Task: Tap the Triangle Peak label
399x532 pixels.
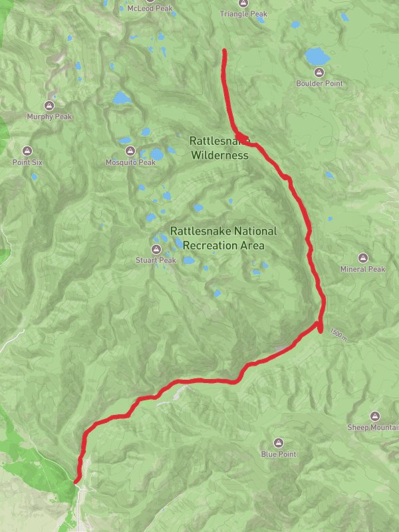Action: pyautogui.click(x=243, y=13)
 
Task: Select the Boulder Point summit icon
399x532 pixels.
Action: pyautogui.click(x=319, y=72)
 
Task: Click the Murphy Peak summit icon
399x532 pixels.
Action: pyautogui.click(x=49, y=106)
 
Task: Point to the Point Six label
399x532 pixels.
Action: pyautogui.click(x=27, y=162)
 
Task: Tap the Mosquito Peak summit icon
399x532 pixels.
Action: pyautogui.click(x=130, y=151)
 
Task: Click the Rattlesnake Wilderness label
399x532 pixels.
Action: pyautogui.click(x=219, y=148)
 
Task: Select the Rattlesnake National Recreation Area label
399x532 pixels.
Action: pyautogui.click(x=223, y=238)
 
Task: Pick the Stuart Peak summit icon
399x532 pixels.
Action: pyautogui.click(x=156, y=249)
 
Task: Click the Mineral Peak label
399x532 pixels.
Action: pyautogui.click(x=362, y=269)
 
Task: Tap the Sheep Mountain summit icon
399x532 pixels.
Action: pyautogui.click(x=374, y=416)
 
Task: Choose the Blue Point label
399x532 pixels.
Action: pyautogui.click(x=279, y=454)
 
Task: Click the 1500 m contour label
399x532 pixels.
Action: pyautogui.click(x=338, y=334)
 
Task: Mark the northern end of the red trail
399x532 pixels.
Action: pyautogui.click(x=224, y=51)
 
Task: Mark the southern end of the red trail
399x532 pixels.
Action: pyautogui.click(x=76, y=480)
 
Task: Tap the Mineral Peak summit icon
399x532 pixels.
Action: pyautogui.click(x=363, y=258)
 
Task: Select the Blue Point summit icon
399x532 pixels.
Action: pyautogui.click(x=279, y=443)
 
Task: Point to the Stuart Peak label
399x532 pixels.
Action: pyautogui.click(x=156, y=260)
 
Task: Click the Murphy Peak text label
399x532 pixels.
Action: pyautogui.click(x=49, y=116)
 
